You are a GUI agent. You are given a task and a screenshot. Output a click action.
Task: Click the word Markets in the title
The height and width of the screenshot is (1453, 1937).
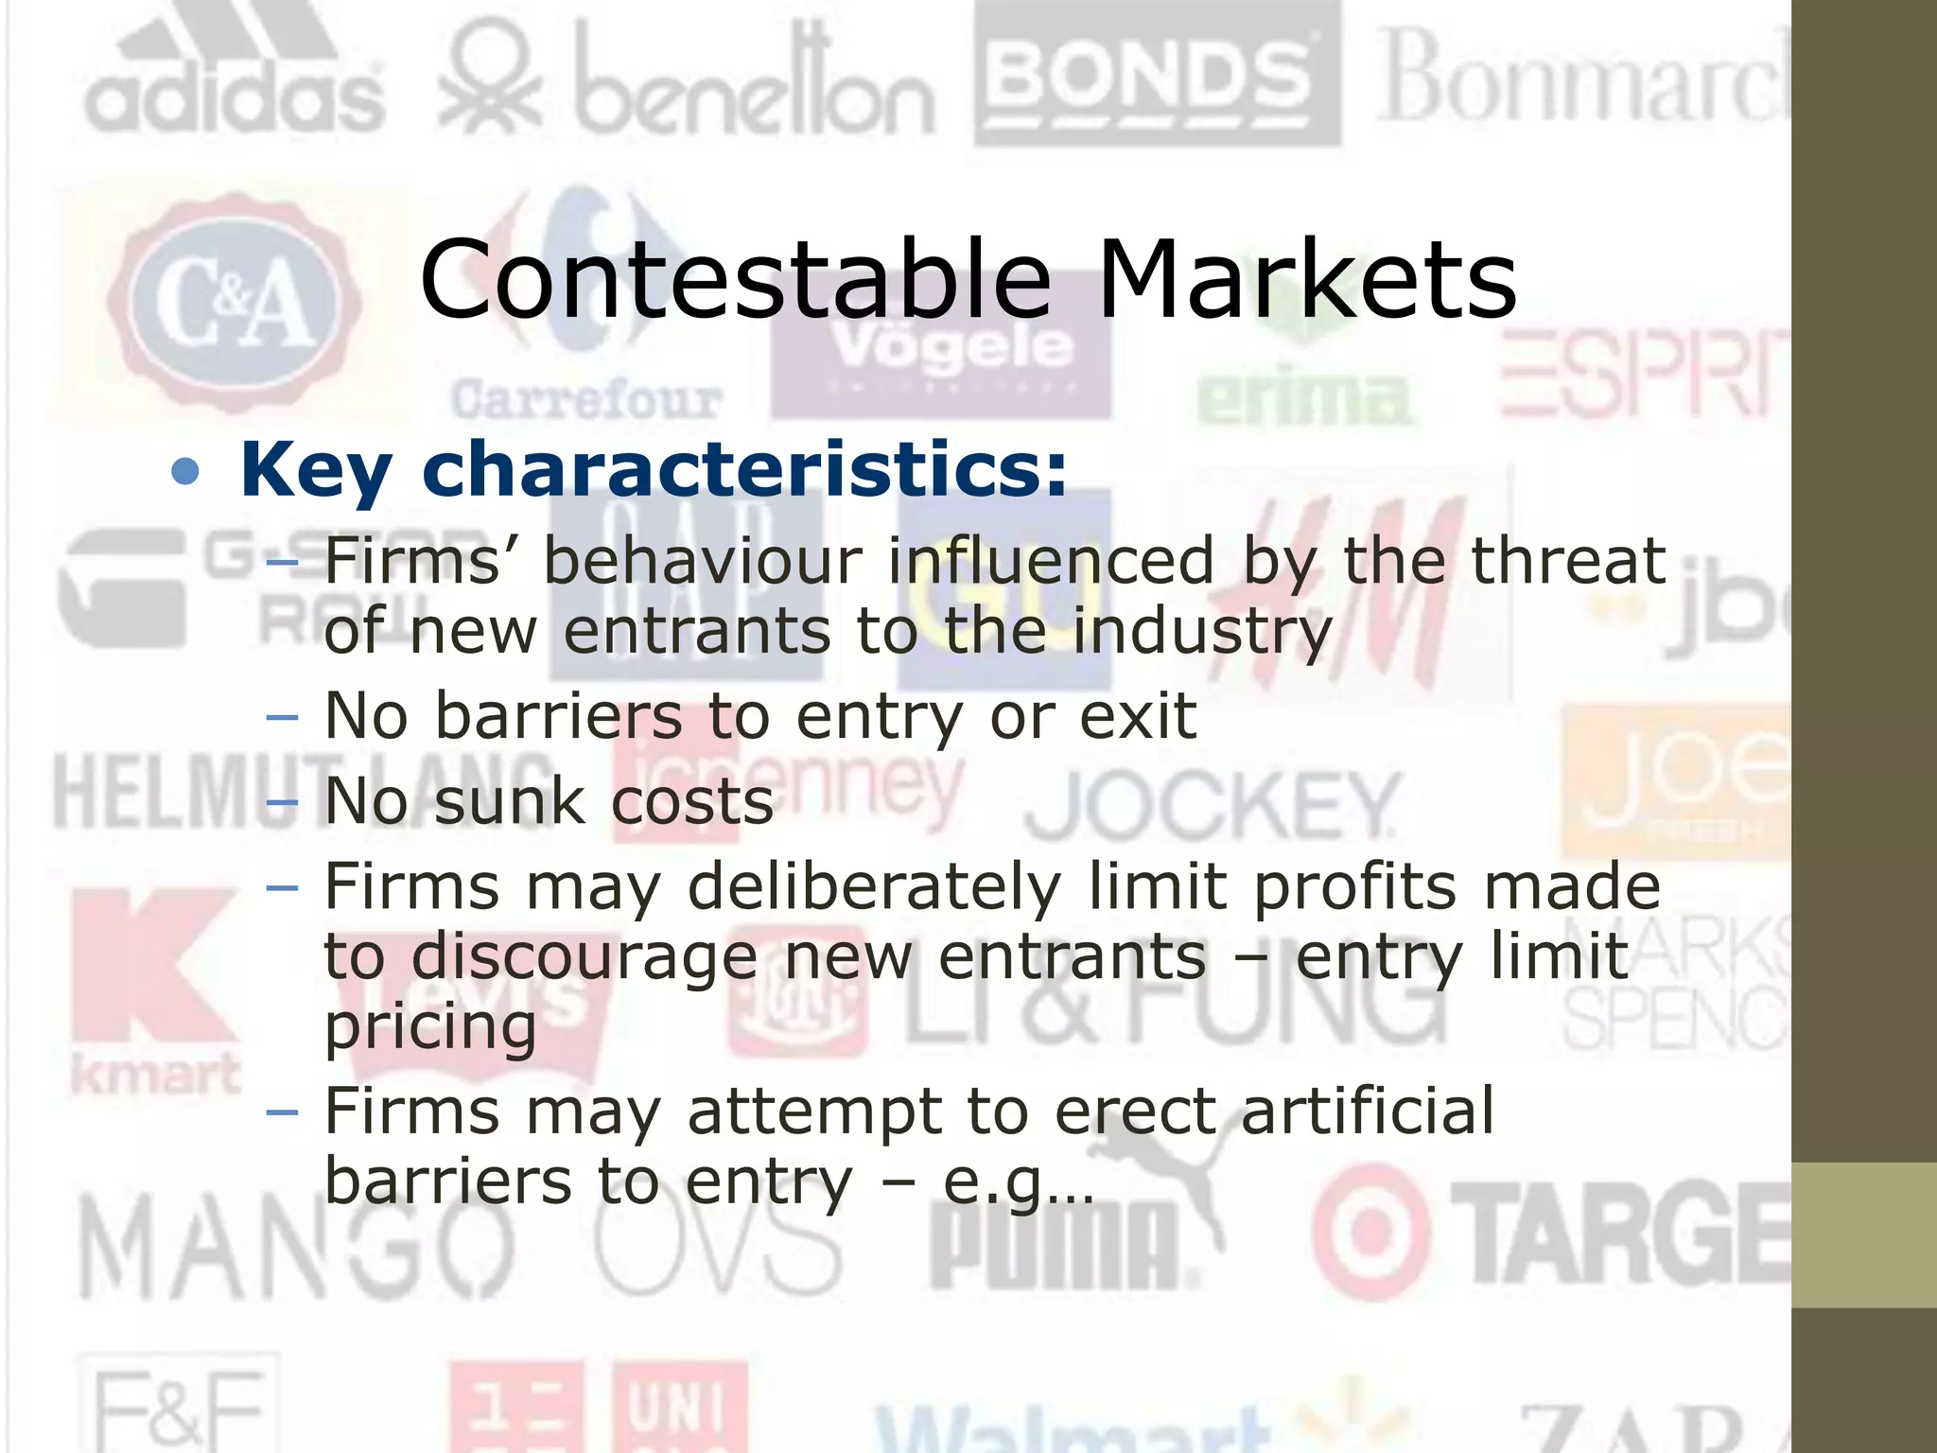(1306, 279)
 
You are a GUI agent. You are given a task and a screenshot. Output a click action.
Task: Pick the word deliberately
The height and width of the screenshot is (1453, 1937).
(873, 887)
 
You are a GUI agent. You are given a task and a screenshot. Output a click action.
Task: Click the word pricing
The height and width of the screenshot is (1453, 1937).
(430, 1027)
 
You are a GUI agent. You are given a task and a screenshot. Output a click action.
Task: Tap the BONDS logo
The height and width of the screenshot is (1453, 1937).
(1157, 76)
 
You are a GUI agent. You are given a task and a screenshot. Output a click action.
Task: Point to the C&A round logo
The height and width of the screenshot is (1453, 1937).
(235, 303)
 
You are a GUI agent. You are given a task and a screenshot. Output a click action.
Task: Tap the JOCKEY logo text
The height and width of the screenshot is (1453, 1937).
(1211, 806)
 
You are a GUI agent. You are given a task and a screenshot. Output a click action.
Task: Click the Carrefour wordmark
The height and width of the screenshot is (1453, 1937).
(586, 400)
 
